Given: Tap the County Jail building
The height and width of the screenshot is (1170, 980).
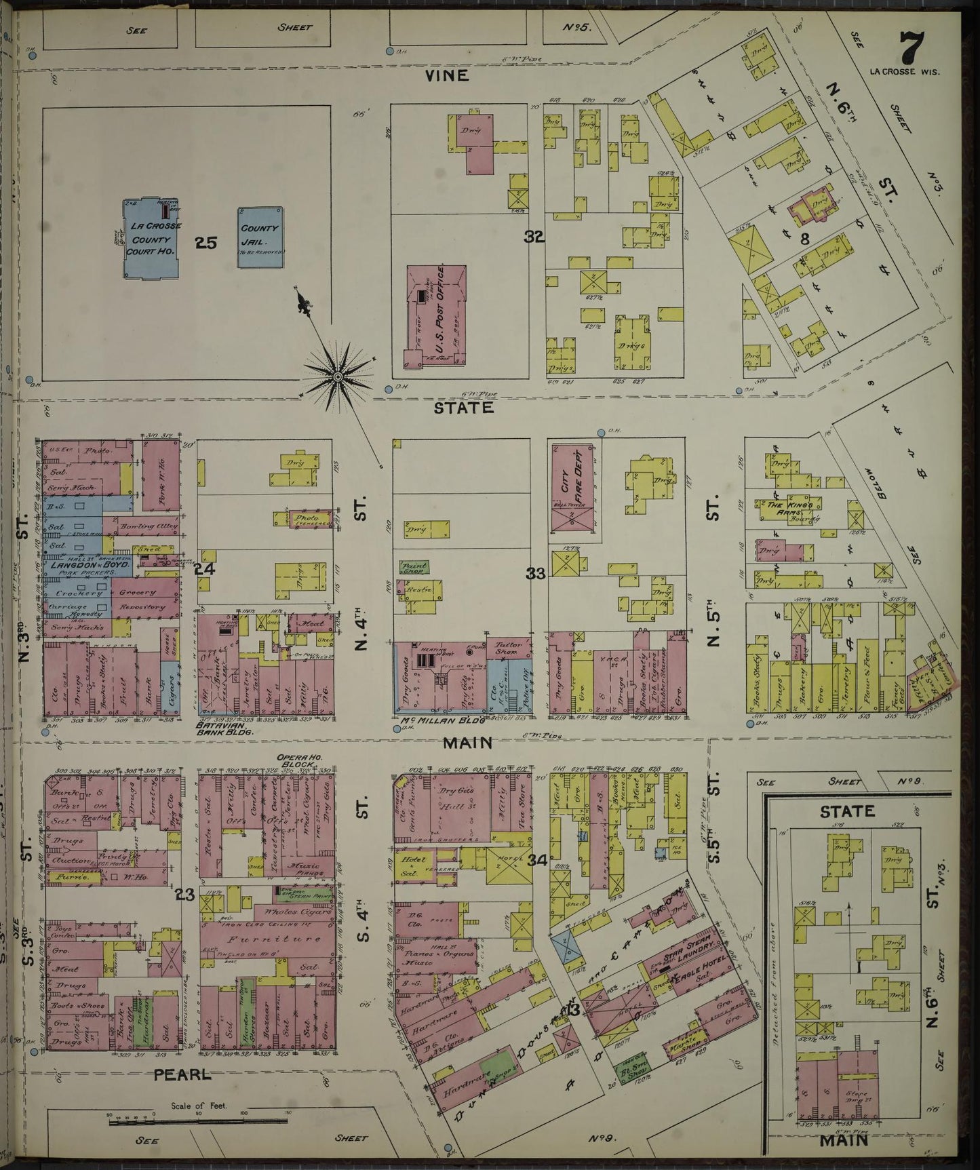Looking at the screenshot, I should [260, 237].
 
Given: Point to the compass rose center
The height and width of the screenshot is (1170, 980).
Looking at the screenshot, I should [337, 375].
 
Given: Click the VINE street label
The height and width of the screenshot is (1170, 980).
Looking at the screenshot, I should [446, 75].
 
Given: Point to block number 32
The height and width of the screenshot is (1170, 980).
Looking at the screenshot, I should [534, 237].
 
